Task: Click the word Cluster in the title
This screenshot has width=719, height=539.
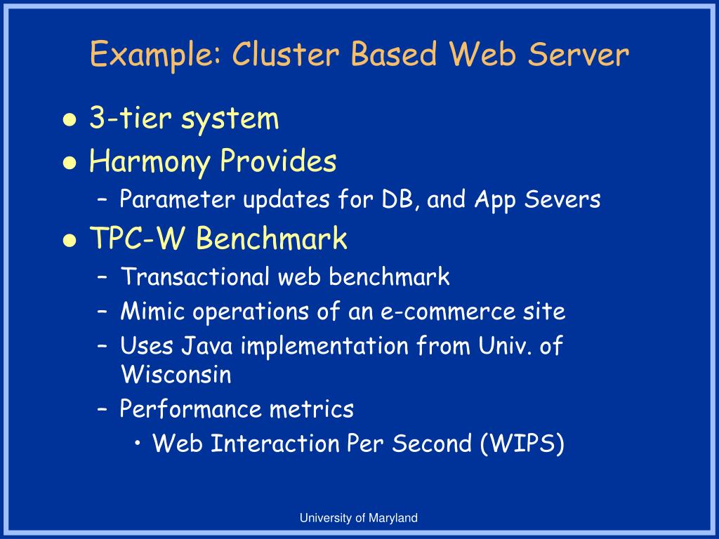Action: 285,53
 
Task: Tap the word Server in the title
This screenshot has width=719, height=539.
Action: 578,53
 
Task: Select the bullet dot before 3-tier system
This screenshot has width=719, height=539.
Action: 70,120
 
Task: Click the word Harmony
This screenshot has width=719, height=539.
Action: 150,162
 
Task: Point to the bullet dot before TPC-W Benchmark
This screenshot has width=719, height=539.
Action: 70,240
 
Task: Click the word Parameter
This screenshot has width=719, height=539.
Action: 177,200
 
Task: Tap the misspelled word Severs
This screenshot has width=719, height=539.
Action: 562,200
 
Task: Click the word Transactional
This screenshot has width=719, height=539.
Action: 195,277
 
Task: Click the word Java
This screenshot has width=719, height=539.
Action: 207,346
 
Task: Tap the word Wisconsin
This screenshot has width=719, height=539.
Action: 176,375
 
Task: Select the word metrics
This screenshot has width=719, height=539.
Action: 311,409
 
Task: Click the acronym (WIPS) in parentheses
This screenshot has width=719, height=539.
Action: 522,444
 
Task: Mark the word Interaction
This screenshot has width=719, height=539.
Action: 275,444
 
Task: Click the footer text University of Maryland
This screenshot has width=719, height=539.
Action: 359,519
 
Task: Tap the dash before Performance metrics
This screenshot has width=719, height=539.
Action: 103,409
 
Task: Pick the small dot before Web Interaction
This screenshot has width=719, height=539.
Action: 138,444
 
